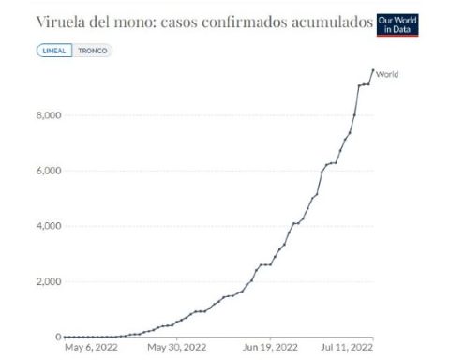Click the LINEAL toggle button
click(x=54, y=51)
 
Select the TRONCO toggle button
click(x=93, y=51)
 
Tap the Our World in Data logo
click(x=397, y=25)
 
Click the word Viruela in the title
click(x=61, y=22)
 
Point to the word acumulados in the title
click(x=332, y=22)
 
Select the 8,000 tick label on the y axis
click(x=49, y=115)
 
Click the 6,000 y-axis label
click(x=49, y=171)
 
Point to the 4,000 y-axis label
click(x=49, y=226)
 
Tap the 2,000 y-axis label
click(x=49, y=281)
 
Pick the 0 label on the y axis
click(x=58, y=337)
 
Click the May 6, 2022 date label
click(x=91, y=348)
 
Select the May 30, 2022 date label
click(x=177, y=348)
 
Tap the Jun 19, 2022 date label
click(x=270, y=348)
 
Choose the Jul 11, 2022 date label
click(x=347, y=348)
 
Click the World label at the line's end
click(x=387, y=74)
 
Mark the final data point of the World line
click(x=373, y=70)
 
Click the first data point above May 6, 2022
click(x=65, y=337)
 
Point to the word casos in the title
click(x=178, y=22)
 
